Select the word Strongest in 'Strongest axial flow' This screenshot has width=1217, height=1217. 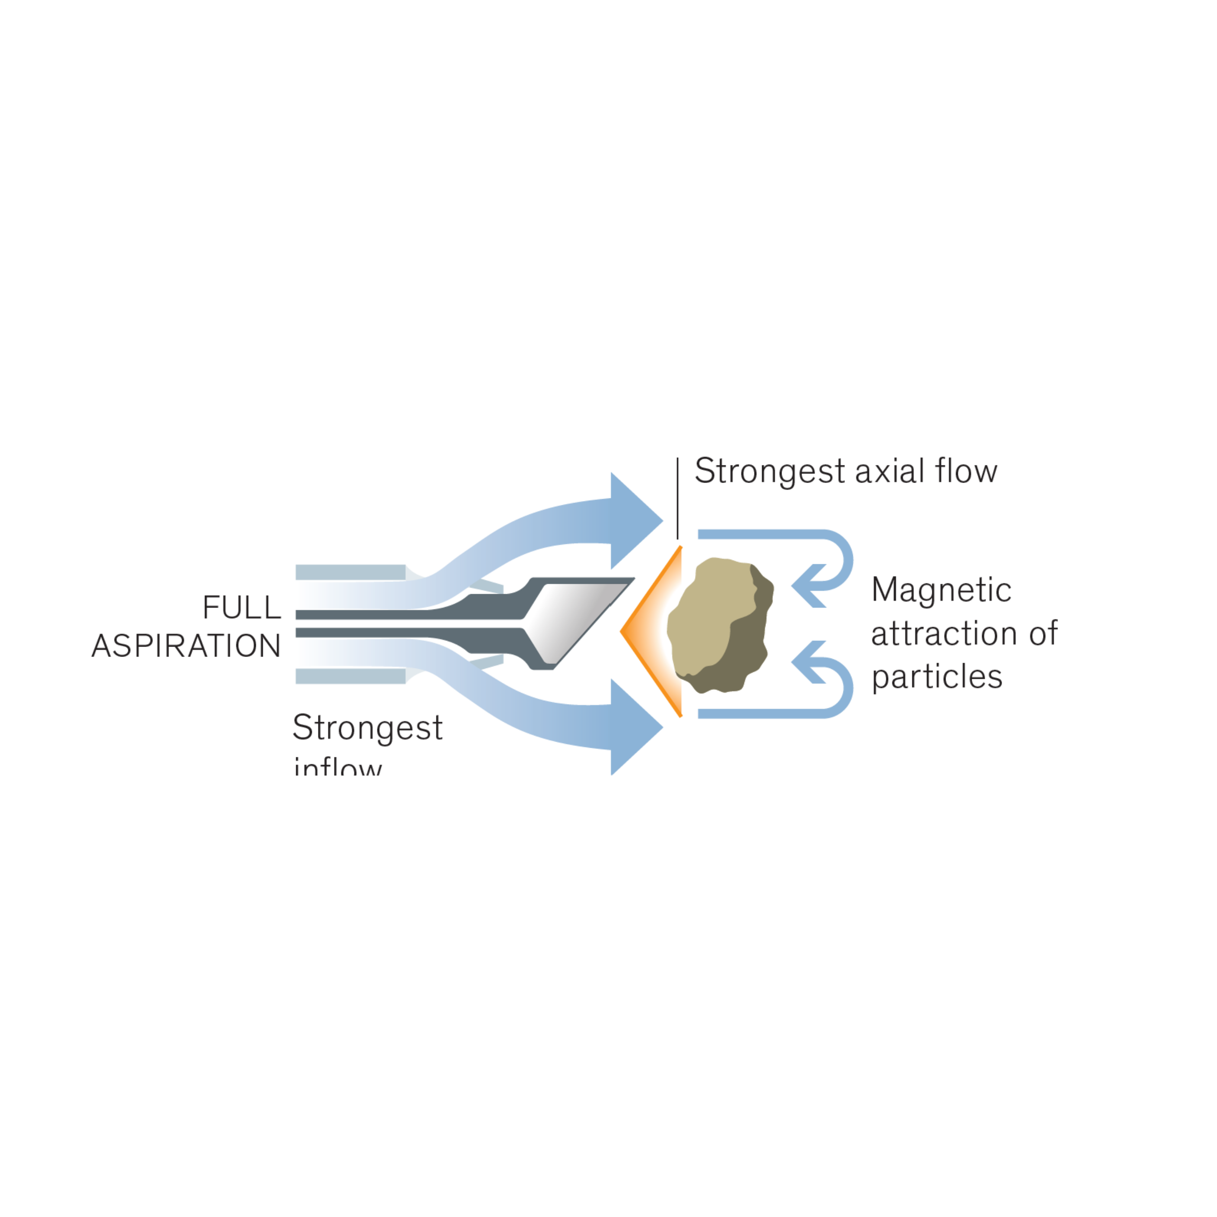[769, 472]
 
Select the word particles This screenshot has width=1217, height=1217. [937, 677]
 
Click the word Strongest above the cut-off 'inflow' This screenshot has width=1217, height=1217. [367, 727]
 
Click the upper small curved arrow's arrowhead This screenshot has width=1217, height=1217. [807, 586]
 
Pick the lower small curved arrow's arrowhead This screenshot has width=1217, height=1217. [807, 662]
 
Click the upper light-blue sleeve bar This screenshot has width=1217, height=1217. [350, 572]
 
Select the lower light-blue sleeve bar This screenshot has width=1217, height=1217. [350, 676]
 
